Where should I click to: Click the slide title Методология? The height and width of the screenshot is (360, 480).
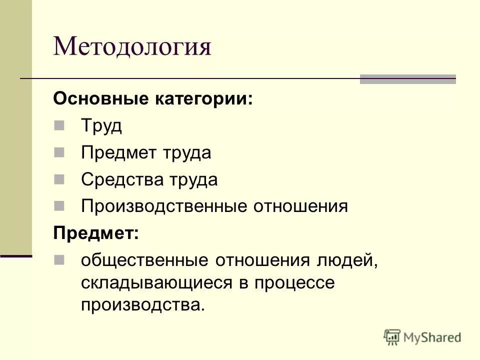coord(132,47)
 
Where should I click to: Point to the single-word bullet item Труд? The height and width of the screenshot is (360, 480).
coord(101,125)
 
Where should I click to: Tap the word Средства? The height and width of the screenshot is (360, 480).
coord(119,179)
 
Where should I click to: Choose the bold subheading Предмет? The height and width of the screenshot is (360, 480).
coord(96,233)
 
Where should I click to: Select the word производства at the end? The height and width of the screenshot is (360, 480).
coord(142,305)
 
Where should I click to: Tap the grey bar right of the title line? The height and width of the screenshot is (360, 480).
coord(408,79)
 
